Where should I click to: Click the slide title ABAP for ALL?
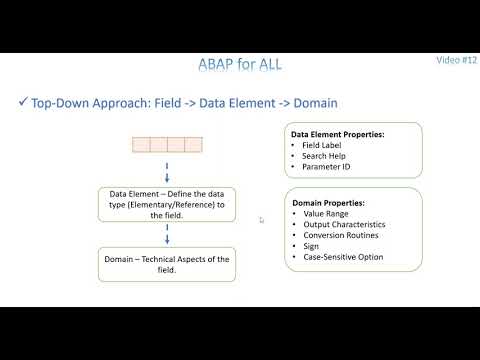(x=239, y=65)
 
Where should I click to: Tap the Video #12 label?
(x=456, y=59)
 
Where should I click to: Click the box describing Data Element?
(x=167, y=204)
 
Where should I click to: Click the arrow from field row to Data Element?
(x=167, y=170)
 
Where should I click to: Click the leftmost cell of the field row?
(x=141, y=145)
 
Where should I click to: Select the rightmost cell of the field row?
(x=193, y=145)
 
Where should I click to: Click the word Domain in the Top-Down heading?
(x=311, y=103)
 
